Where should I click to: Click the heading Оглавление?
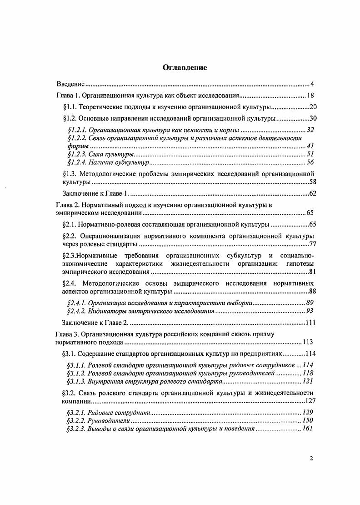(185, 68)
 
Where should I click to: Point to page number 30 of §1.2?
(313, 119)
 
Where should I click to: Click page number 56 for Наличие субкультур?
(311, 162)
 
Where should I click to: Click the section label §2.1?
(68, 224)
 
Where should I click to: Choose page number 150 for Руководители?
(308, 420)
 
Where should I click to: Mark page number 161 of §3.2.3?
(308, 429)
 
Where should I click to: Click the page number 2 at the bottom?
(311, 458)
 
